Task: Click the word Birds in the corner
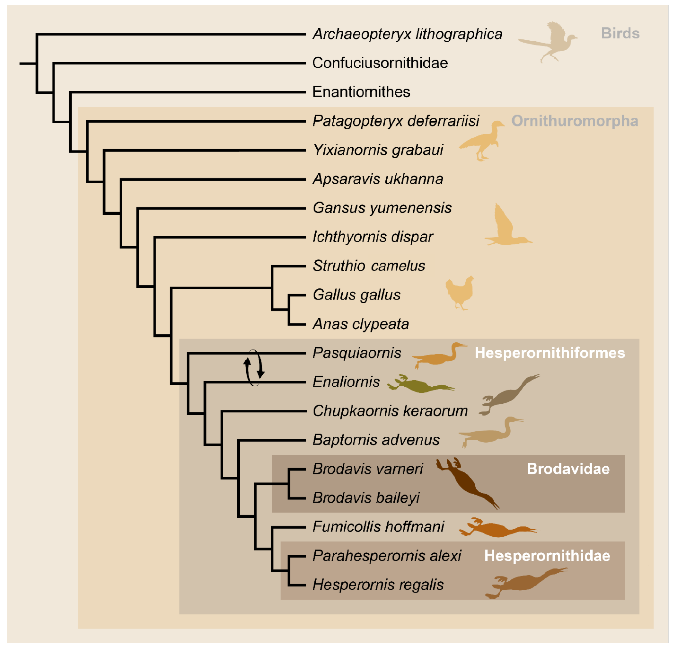tap(620, 33)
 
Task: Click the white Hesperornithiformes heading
tap(550, 353)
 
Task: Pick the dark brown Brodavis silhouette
tap(466, 482)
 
